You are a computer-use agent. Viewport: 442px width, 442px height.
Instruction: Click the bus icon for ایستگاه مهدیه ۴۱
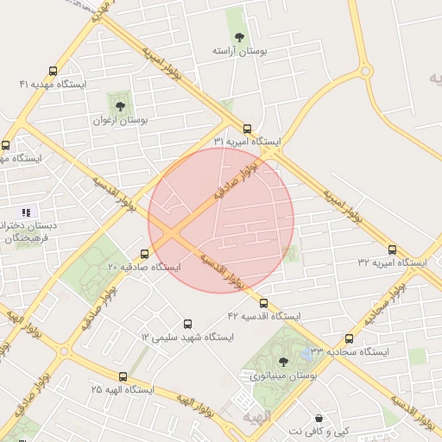[x=54, y=71]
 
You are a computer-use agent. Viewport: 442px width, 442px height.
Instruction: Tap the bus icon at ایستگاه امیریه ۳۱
[x=247, y=128]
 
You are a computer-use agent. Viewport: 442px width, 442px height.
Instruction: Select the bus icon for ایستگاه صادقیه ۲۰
[x=144, y=254]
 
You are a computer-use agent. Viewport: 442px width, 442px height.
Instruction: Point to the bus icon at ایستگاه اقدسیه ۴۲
[x=264, y=303]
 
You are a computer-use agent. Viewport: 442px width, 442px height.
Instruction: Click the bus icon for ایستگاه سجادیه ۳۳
[x=349, y=338]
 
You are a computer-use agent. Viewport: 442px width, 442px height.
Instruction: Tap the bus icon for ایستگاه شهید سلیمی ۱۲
[x=186, y=322]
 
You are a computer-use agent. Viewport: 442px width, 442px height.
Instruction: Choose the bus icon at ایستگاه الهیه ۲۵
[x=123, y=376]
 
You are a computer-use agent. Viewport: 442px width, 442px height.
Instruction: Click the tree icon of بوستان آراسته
[x=239, y=36]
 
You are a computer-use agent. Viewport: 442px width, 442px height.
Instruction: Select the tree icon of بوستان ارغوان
[x=120, y=105]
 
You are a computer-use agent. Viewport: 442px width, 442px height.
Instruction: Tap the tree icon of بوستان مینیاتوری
[x=283, y=362]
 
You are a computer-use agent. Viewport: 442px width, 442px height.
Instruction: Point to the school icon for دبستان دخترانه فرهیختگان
[x=26, y=212]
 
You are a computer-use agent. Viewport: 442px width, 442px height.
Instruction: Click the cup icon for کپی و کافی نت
[x=319, y=418]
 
